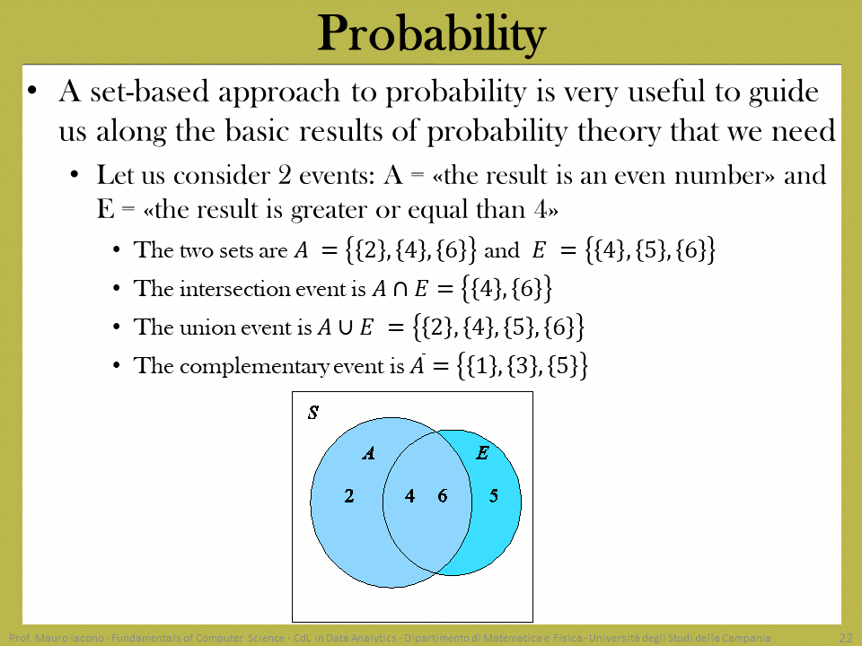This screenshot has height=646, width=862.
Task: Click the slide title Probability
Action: pos(432,34)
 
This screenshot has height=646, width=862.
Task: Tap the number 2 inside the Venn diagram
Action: pos(349,496)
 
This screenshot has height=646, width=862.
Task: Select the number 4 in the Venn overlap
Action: pos(409,496)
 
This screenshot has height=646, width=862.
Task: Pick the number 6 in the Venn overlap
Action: pos(443,496)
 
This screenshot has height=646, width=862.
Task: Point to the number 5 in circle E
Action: pos(494,496)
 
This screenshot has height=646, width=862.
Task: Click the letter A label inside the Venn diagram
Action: pos(368,452)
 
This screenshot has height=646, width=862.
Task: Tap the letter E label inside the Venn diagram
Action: pos(483,452)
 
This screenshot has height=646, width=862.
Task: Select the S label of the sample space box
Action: pos(313,412)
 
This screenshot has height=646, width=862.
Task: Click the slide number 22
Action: pos(846,638)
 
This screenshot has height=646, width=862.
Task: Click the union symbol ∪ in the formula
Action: pos(346,327)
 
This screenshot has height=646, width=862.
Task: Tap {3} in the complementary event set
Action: pos(521,366)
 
